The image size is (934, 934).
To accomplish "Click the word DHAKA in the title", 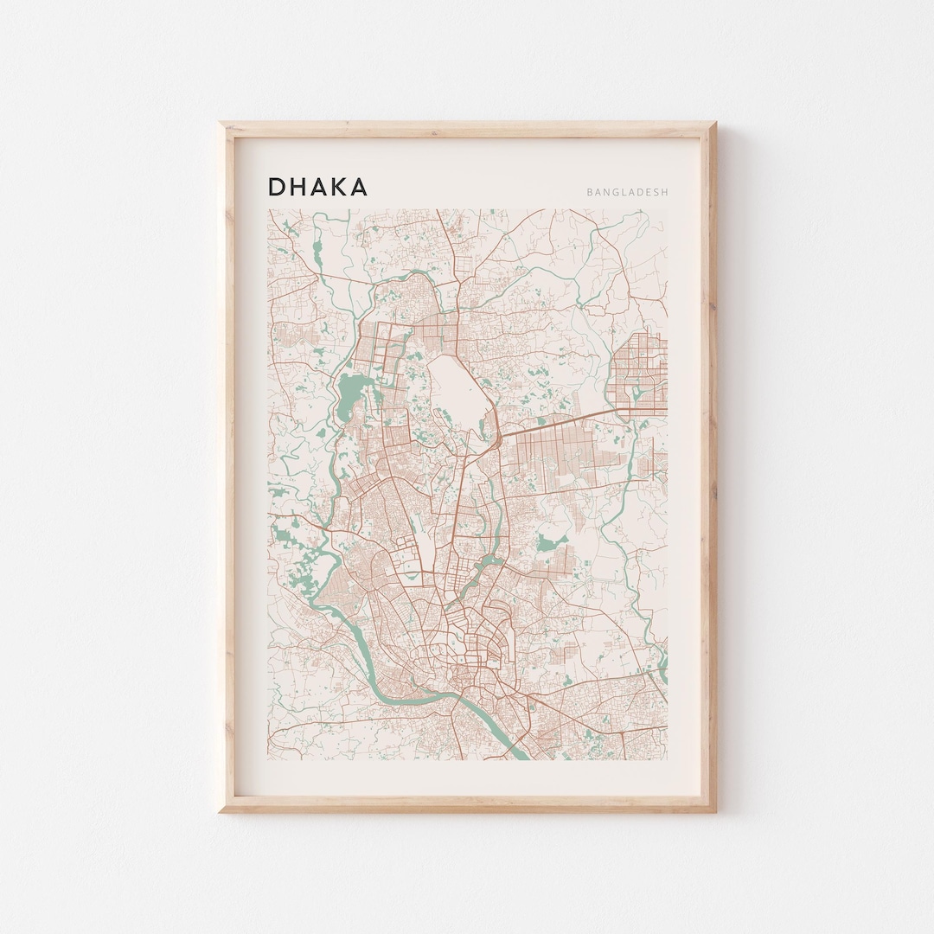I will click(x=317, y=187).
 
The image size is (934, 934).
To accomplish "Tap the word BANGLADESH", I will click(x=627, y=193).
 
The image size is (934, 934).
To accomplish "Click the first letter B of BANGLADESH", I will click(x=589, y=193).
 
